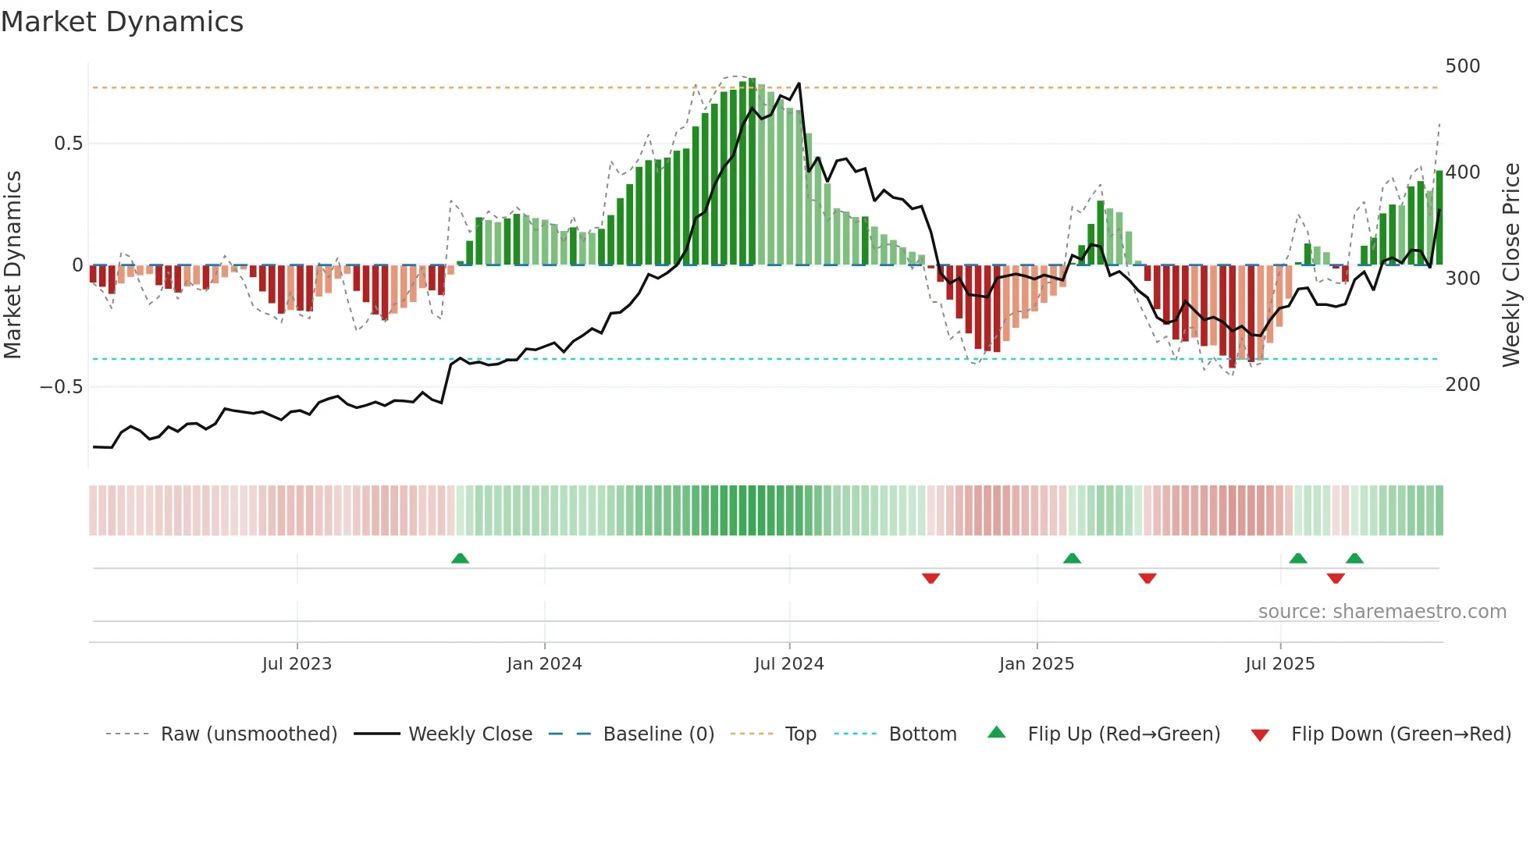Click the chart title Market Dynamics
[x=123, y=22]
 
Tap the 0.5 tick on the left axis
[x=68, y=144]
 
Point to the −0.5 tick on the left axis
[x=61, y=387]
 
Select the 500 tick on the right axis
[x=1462, y=66]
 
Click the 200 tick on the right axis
[x=1462, y=385]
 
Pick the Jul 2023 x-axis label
[x=297, y=664]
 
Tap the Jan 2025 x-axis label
[x=1037, y=664]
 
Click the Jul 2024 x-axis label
[x=789, y=664]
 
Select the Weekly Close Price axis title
[x=1511, y=265]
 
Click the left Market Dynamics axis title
[x=13, y=265]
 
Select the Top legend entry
[x=800, y=734]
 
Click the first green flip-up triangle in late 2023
[x=460, y=559]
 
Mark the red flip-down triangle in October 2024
[x=930, y=578]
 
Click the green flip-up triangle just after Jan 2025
[x=1072, y=559]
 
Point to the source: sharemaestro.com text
[x=1382, y=612]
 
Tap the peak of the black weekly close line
[x=799, y=84]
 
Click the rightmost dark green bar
[x=1439, y=219]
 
